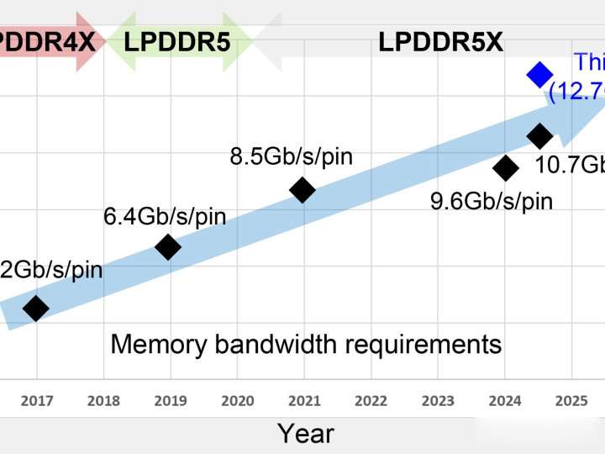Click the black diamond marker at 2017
(x=35, y=309)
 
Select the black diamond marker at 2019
(x=168, y=247)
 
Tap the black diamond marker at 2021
(x=302, y=190)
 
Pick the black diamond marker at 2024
(x=505, y=168)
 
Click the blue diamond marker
(x=539, y=75)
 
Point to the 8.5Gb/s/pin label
(x=291, y=156)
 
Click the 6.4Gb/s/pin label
(x=165, y=216)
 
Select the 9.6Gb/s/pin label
(x=492, y=201)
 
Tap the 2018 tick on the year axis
(x=103, y=401)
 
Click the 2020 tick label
(x=237, y=401)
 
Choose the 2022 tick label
(x=371, y=401)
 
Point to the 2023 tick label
(x=438, y=401)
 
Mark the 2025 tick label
(x=571, y=401)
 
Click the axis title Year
(x=306, y=433)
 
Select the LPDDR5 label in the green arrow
(x=177, y=40)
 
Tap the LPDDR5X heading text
(x=440, y=41)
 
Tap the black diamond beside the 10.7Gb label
(x=539, y=135)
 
